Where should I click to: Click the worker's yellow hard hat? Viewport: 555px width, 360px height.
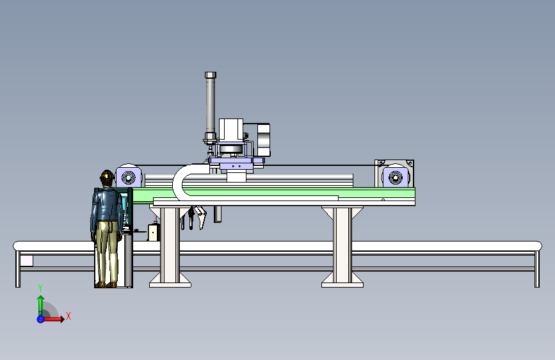pos(107,175)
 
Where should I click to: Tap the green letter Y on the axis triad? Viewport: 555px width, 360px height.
pos(40,288)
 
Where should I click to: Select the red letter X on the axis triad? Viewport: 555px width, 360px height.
pos(68,316)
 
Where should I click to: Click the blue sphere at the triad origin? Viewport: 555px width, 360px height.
pos(40,319)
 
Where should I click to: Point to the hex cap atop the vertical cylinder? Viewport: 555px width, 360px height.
pos(210,75)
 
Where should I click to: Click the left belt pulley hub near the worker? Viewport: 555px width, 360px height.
pos(129,177)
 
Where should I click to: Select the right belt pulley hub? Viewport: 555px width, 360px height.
pos(396,177)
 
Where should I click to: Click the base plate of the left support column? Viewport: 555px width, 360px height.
pos(170,284)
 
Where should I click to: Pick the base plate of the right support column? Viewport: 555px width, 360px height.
pos(342,284)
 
